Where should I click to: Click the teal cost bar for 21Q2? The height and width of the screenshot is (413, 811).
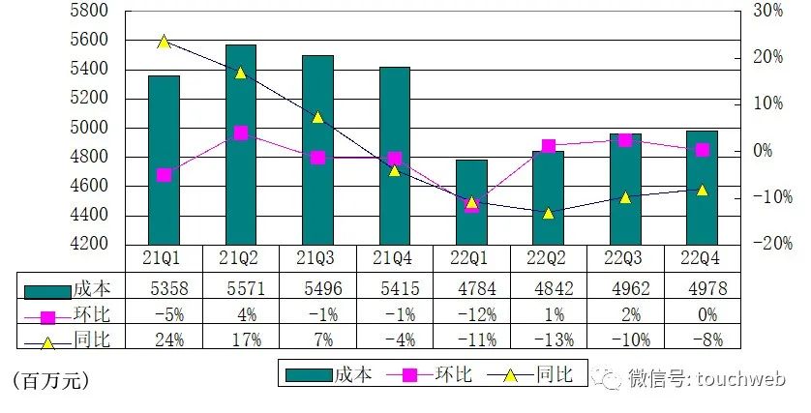click(x=241, y=144)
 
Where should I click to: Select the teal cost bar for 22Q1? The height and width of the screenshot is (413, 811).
click(x=471, y=202)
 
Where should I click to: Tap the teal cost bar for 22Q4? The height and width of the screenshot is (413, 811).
click(x=702, y=188)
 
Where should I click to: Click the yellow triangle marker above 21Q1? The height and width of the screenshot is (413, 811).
click(x=164, y=42)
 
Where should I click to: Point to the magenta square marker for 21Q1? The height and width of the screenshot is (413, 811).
click(x=164, y=175)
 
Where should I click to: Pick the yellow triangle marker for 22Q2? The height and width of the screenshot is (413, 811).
click(x=548, y=213)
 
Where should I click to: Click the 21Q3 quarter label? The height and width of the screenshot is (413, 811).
click(x=317, y=258)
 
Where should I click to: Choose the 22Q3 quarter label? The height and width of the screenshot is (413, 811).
click(x=625, y=258)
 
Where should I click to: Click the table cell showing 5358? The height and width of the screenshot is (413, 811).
click(x=164, y=287)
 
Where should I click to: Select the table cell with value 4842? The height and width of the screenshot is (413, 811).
click(x=548, y=287)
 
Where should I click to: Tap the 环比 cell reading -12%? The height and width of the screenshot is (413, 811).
click(x=471, y=312)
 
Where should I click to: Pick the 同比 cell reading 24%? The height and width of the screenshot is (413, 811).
click(x=164, y=338)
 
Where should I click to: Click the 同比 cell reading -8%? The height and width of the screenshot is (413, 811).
click(x=702, y=338)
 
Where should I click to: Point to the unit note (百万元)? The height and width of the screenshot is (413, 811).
click(x=50, y=380)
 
